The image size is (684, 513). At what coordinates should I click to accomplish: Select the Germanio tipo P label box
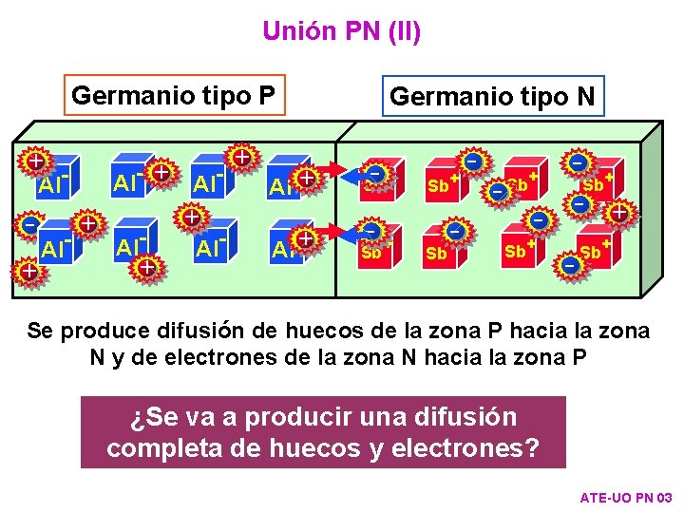click(174, 95)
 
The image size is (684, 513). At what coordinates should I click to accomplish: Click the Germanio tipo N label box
click(492, 96)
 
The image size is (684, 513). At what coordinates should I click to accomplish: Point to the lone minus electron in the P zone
click(30, 225)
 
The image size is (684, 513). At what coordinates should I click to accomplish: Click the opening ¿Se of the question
click(145, 416)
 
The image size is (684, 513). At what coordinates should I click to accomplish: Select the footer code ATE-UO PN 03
click(625, 498)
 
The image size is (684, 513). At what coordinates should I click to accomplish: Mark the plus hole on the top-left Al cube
click(35, 161)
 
